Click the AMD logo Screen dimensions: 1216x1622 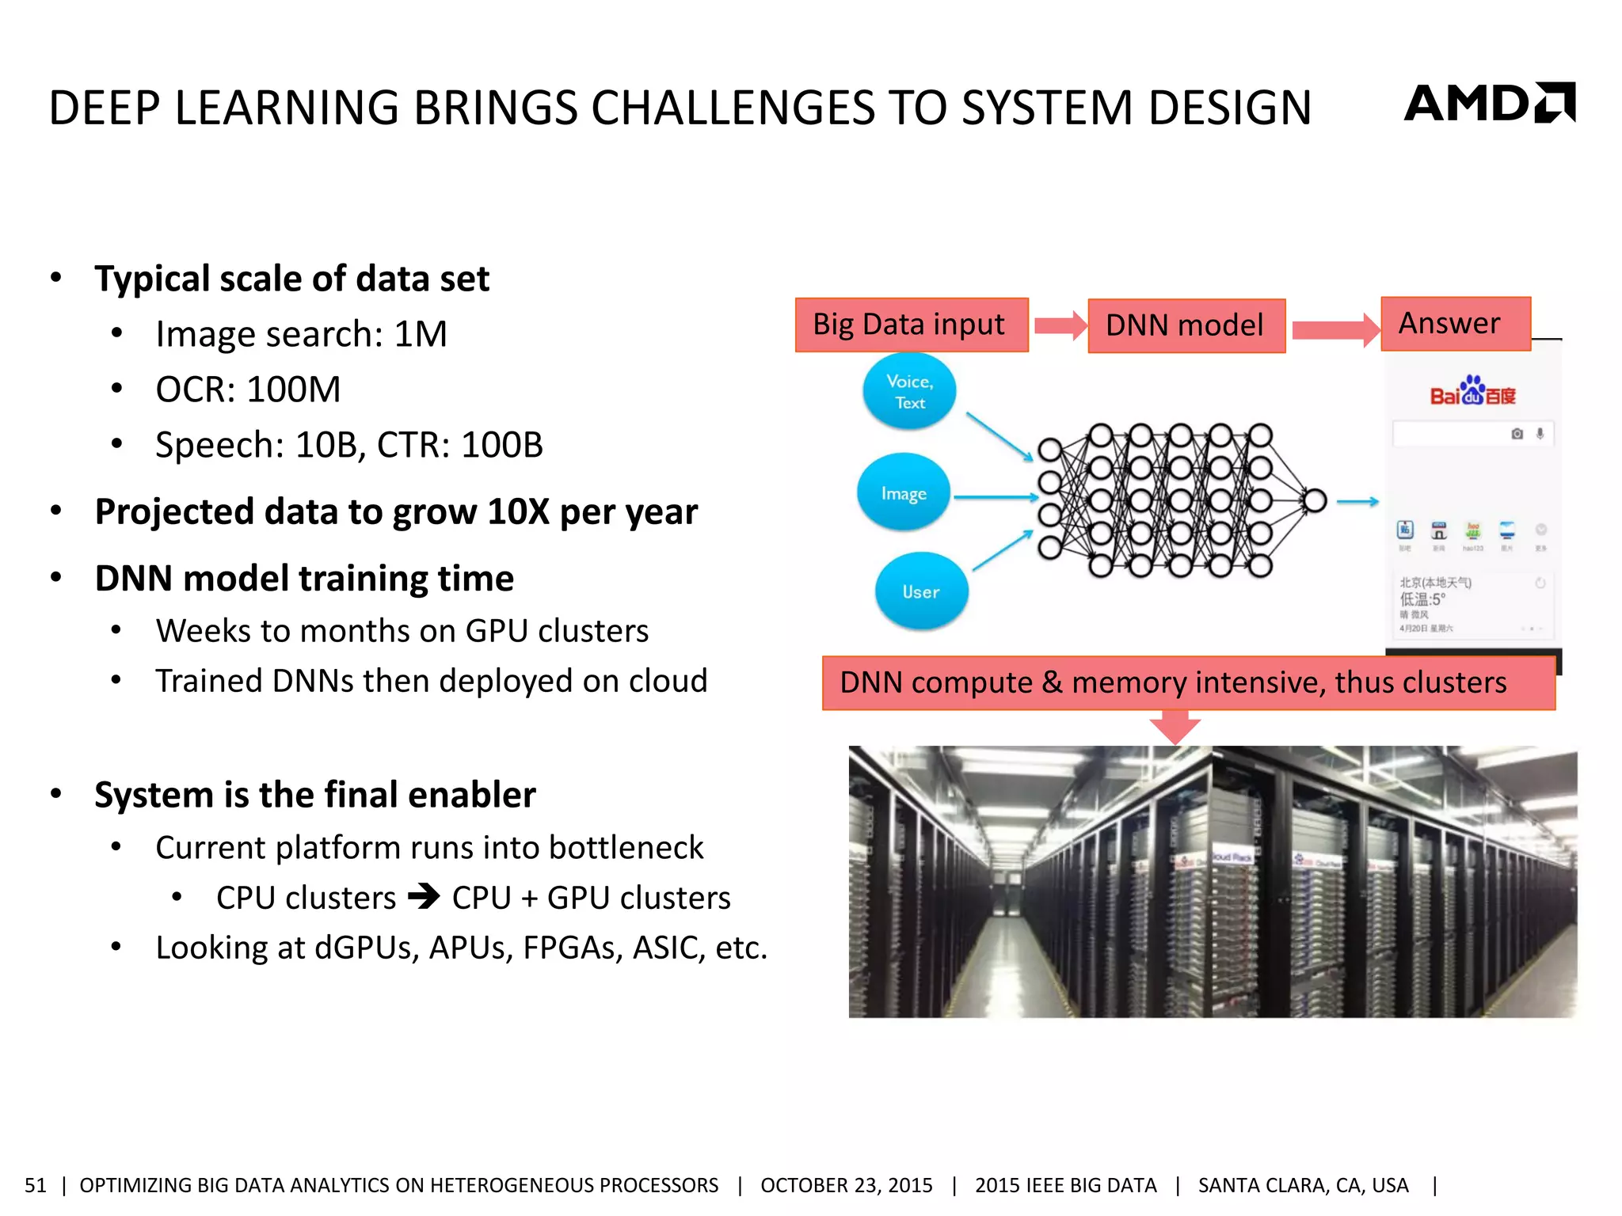point(1489,103)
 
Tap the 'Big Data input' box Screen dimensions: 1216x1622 point(911,325)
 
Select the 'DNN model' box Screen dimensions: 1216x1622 point(1186,325)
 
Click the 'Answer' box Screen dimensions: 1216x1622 point(1455,323)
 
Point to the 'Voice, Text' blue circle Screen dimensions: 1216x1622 point(909,392)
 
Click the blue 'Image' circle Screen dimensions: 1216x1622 point(904,493)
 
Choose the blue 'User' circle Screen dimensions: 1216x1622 point(921,591)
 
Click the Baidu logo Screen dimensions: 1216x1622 point(1472,391)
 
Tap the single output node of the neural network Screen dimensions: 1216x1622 point(1315,500)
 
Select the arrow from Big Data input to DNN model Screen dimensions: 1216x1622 point(1060,325)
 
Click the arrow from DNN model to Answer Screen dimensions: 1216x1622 point(1335,329)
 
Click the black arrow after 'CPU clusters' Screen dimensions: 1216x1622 point(424,897)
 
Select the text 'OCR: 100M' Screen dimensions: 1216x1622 point(248,389)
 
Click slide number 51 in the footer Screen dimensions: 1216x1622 point(36,1185)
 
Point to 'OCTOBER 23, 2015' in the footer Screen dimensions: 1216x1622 point(846,1185)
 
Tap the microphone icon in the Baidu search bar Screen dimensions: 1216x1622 point(1540,434)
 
